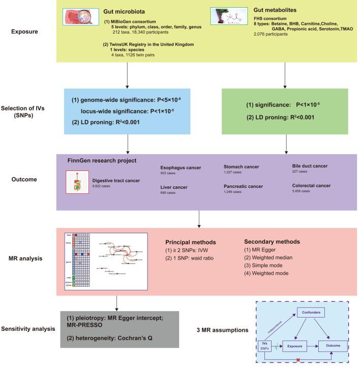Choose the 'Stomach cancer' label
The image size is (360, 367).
pyautogui.click(x=240, y=166)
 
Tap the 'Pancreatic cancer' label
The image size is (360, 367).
pyautogui.click(x=243, y=186)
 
